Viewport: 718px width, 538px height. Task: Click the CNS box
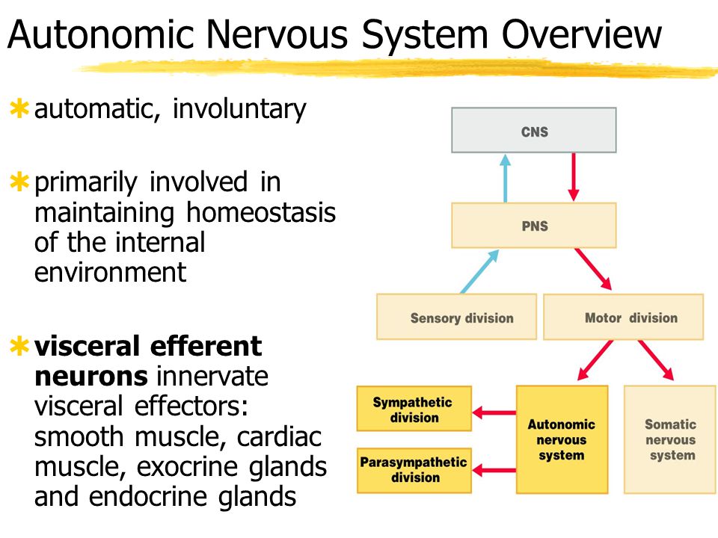tap(534, 131)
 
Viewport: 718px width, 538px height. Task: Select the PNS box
tap(534, 225)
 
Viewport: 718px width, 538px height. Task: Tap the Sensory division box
tap(456, 317)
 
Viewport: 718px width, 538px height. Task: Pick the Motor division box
tap(623, 317)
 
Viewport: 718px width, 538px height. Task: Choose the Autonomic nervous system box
tap(562, 439)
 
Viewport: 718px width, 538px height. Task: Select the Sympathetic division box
tap(414, 409)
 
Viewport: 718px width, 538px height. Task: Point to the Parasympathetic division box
tap(414, 469)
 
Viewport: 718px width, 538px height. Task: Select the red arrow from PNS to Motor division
tap(593, 270)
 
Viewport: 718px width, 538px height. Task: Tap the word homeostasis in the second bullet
tap(261, 212)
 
